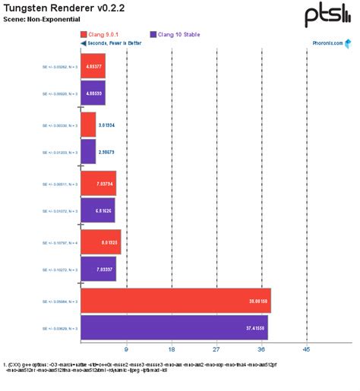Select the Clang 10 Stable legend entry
175,34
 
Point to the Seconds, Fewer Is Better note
115,43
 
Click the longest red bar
175,301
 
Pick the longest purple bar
174,328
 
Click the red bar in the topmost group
93,66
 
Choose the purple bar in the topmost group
93,93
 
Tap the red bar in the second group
88,125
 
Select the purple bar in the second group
88,152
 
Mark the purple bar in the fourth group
98,269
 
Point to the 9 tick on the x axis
126,350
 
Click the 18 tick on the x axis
171,350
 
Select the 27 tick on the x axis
216,350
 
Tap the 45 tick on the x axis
307,350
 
